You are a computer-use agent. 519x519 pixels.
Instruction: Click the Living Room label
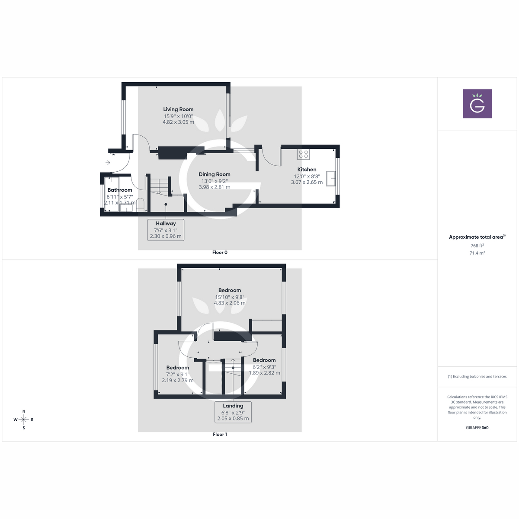click(178, 109)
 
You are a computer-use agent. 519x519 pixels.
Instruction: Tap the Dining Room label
click(215, 174)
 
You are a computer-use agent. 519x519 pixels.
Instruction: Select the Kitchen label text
click(307, 170)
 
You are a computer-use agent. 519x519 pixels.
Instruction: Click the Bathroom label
click(120, 190)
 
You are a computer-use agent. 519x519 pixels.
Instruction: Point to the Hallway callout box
click(166, 230)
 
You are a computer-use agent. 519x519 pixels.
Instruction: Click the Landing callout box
click(233, 412)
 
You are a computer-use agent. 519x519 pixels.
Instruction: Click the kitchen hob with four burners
click(303, 154)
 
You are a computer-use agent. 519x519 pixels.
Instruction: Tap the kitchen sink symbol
click(332, 179)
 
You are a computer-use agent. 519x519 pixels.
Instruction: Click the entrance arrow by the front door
click(108, 163)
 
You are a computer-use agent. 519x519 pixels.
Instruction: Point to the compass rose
click(24, 420)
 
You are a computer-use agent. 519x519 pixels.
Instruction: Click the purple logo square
click(477, 104)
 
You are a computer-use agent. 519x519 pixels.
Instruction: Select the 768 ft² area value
click(477, 246)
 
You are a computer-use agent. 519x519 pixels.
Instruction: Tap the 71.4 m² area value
click(477, 253)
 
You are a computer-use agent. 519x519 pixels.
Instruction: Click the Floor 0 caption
click(220, 253)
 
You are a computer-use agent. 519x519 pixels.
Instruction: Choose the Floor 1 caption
click(220, 434)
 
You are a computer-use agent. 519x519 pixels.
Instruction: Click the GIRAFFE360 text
click(477, 428)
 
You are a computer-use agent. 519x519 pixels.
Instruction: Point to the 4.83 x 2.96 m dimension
click(230, 303)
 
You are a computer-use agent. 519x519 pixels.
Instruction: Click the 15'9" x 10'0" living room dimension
click(178, 116)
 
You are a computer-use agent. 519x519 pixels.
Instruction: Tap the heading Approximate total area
click(476, 237)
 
